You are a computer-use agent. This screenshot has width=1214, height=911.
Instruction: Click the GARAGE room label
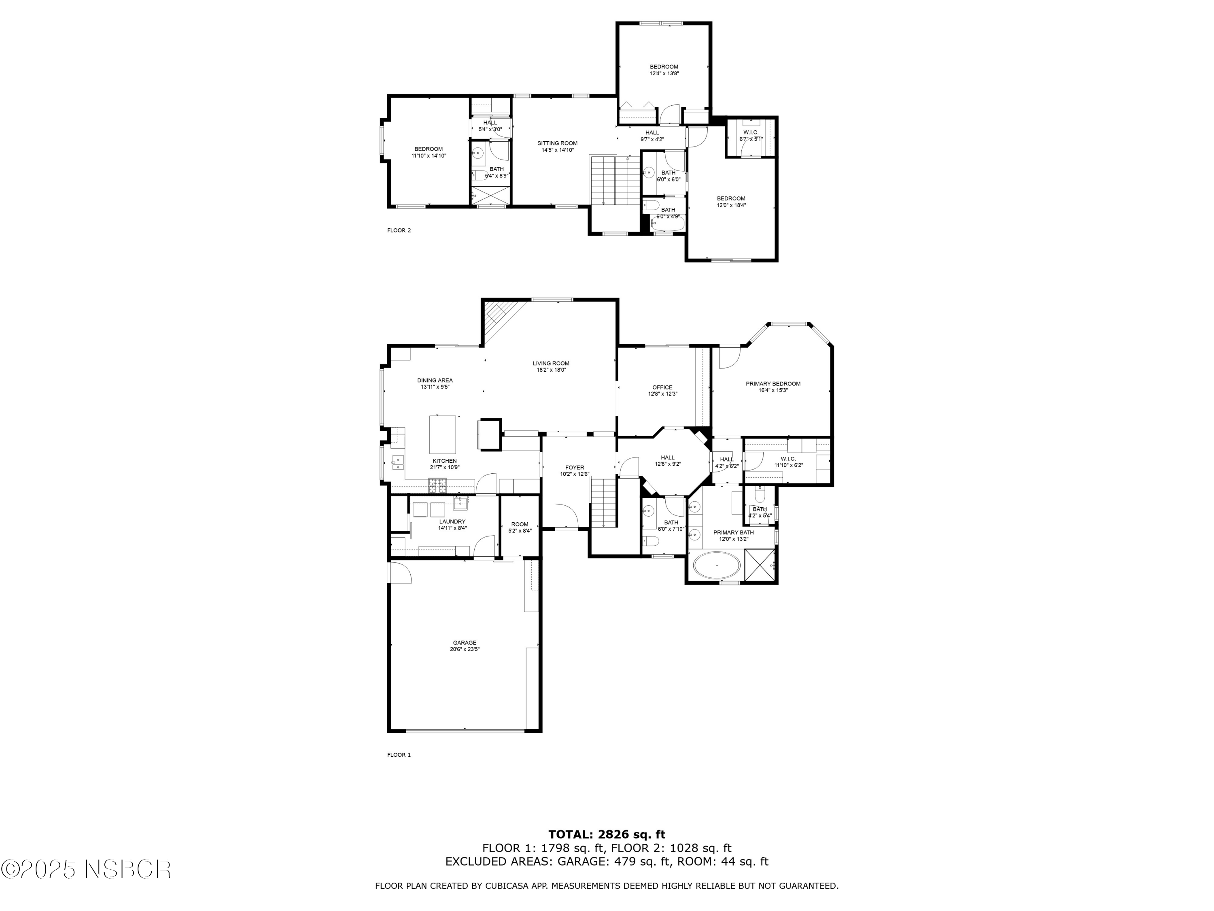tap(464, 643)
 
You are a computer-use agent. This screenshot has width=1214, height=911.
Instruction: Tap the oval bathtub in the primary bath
tap(717, 566)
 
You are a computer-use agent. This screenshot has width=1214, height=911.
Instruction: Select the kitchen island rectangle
tap(442, 434)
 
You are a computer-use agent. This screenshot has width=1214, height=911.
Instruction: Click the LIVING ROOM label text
tap(551, 363)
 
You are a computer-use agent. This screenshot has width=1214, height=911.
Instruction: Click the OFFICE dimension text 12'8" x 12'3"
tap(662, 394)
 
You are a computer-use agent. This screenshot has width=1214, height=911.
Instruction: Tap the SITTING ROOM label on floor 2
tap(557, 143)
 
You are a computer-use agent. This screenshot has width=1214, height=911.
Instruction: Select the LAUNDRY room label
tap(452, 521)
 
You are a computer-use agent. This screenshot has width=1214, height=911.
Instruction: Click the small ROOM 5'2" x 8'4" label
tap(520, 524)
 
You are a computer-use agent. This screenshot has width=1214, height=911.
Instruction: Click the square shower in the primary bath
tap(760, 564)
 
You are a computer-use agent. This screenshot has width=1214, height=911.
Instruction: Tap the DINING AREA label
tap(435, 380)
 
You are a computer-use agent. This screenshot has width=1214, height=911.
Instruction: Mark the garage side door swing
tap(399, 573)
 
